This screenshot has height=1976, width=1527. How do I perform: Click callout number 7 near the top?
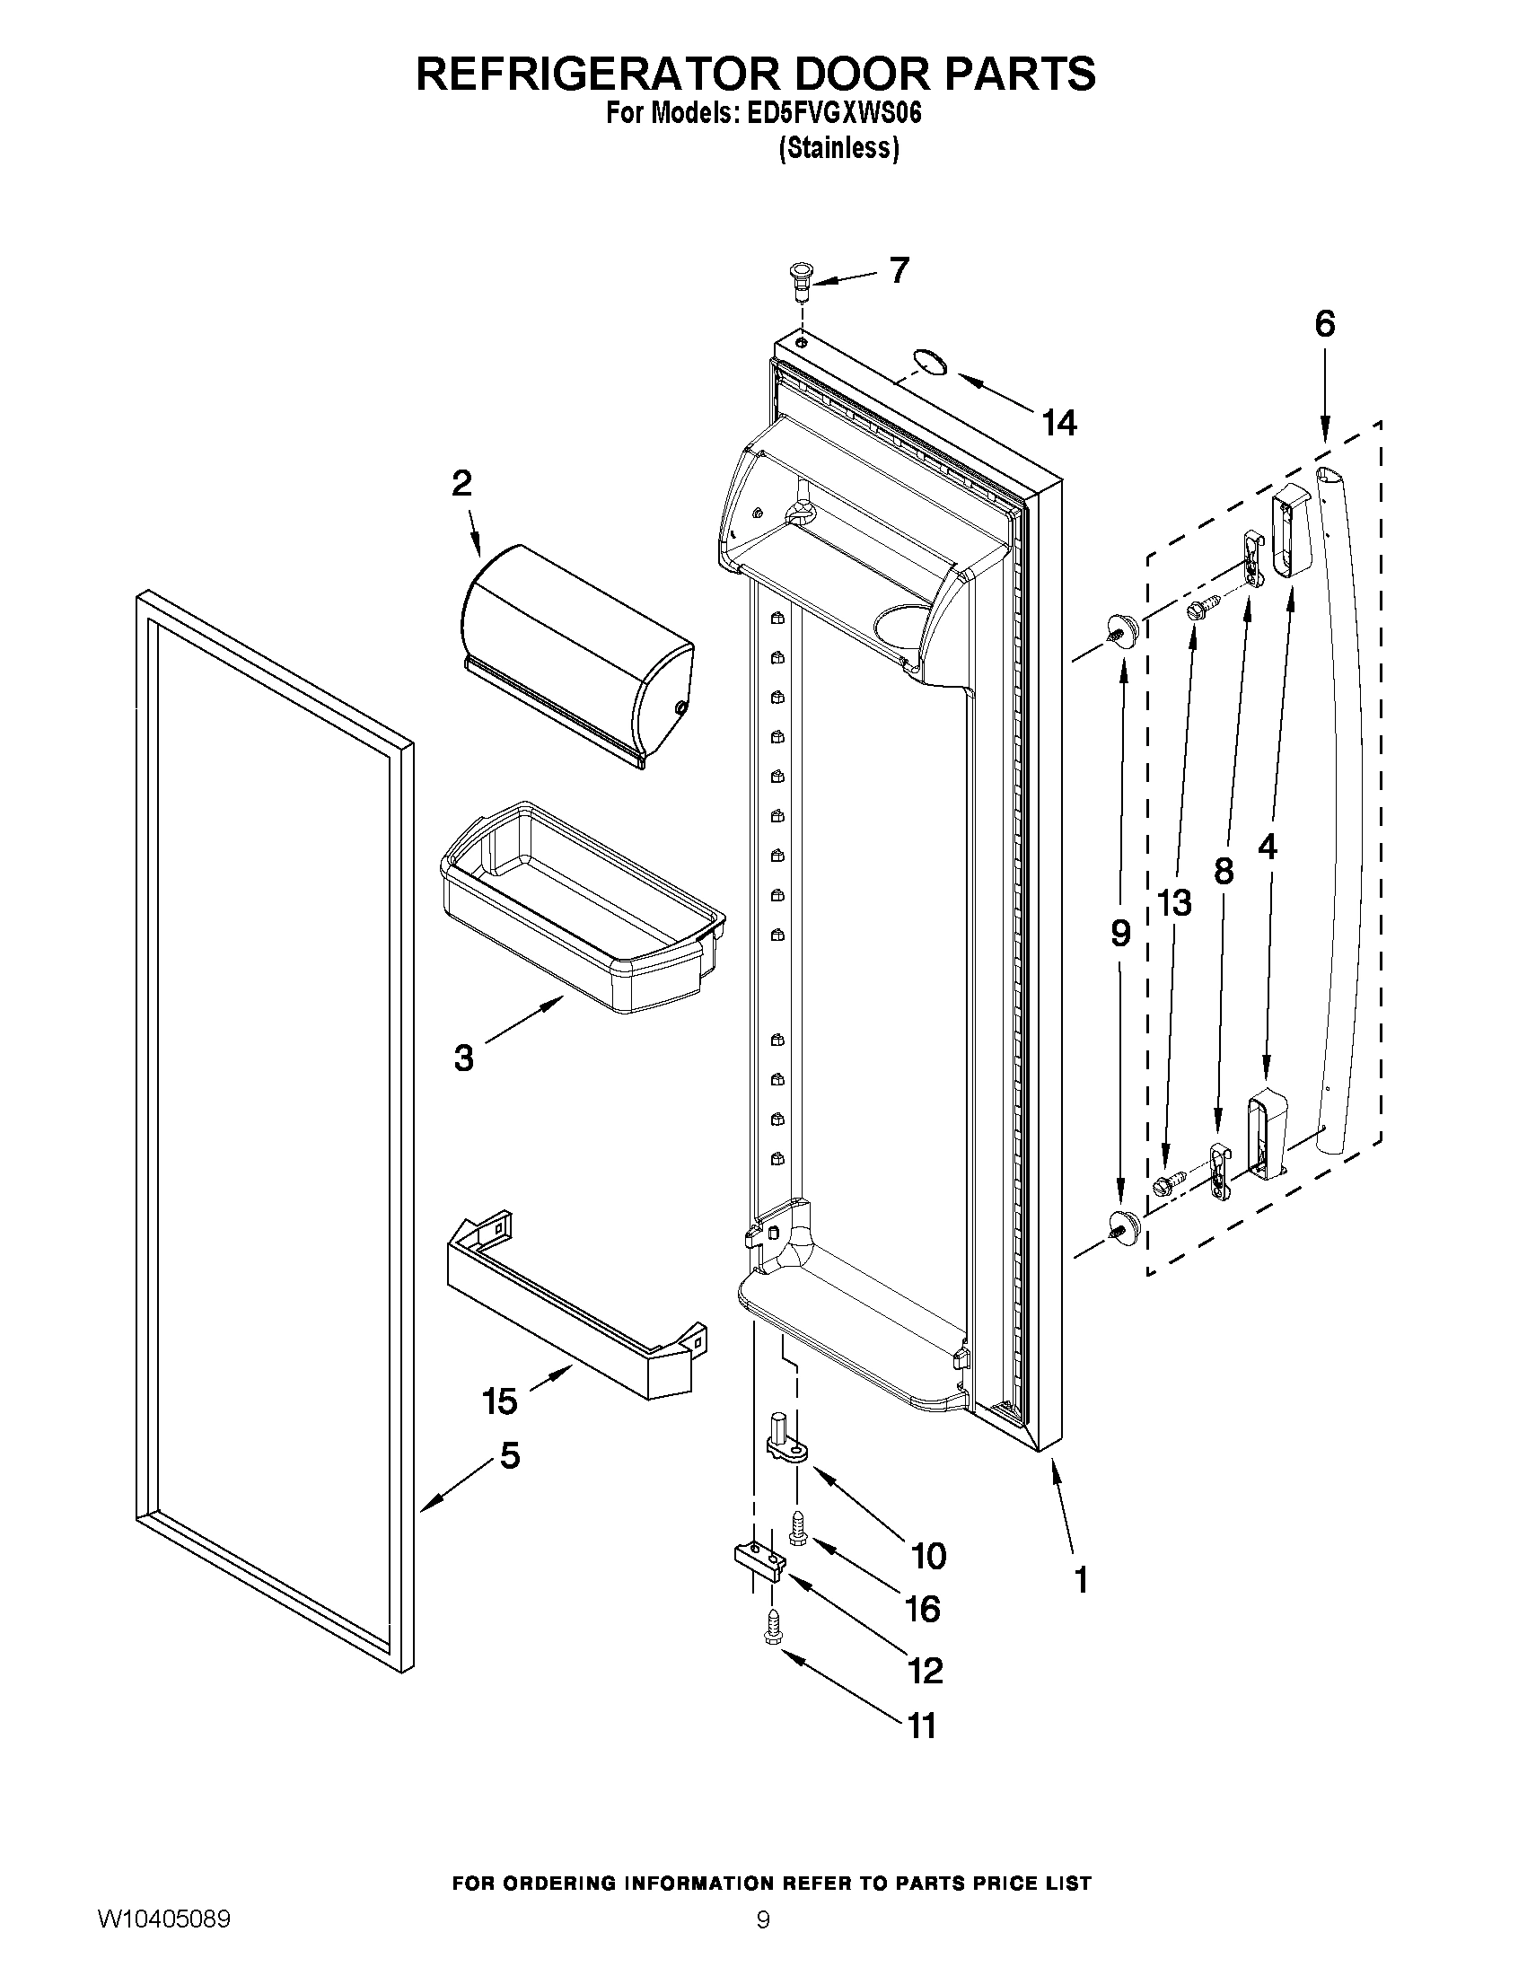(x=899, y=269)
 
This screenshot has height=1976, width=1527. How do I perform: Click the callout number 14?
(x=1059, y=423)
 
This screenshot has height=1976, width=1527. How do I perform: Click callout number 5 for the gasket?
(x=509, y=1456)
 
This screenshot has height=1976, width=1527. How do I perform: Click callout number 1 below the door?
(x=1079, y=1580)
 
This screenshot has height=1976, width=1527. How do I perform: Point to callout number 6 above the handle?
(x=1324, y=323)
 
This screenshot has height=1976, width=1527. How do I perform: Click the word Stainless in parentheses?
(x=838, y=148)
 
